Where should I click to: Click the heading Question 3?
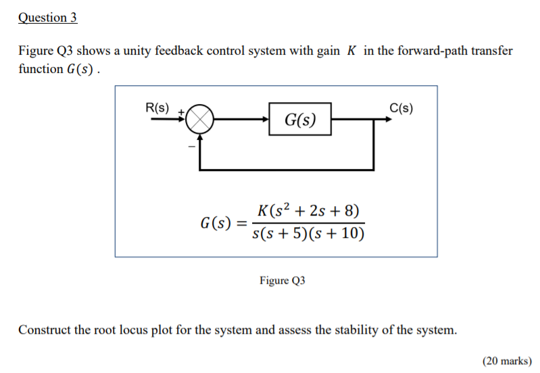pos(47,18)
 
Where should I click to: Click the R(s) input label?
pos(158,107)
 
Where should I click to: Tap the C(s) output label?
pos(401,107)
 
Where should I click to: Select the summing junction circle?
pos(199,120)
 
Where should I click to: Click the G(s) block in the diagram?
pos(299,120)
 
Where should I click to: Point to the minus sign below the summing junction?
pos(191,145)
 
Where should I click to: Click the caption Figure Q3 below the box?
pos(282,280)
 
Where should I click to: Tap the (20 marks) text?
pos(507,361)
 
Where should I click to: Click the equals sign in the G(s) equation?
pos(241,222)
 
